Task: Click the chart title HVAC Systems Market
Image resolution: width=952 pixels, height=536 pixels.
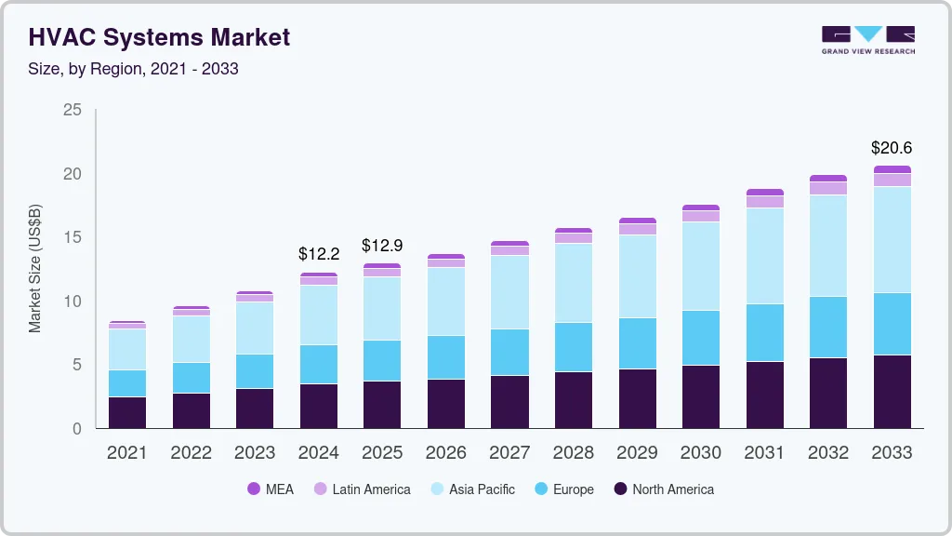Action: click(159, 37)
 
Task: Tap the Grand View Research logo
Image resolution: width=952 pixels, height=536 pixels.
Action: click(867, 40)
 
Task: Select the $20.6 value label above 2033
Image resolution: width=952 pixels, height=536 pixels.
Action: click(892, 147)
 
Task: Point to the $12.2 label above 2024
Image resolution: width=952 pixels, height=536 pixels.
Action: click(319, 253)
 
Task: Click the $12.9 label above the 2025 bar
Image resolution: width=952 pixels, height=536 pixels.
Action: click(383, 245)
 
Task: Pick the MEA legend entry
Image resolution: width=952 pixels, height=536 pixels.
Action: click(271, 489)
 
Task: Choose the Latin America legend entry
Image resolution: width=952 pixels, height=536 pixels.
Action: click(362, 489)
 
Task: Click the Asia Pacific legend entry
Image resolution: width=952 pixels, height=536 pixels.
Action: click(472, 489)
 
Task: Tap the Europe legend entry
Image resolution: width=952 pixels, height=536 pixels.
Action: click(563, 489)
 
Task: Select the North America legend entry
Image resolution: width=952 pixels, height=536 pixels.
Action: click(664, 489)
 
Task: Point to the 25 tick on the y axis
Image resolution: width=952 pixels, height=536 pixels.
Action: click(73, 111)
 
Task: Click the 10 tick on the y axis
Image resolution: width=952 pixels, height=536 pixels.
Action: click(73, 301)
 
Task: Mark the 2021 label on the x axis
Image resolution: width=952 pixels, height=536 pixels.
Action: click(126, 452)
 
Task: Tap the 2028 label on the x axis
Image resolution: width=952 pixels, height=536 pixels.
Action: click(574, 452)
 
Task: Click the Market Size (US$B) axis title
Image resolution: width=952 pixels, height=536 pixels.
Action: click(35, 269)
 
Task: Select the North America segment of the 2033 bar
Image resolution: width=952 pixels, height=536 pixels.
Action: click(892, 391)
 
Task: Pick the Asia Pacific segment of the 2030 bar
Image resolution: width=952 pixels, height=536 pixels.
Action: click(701, 266)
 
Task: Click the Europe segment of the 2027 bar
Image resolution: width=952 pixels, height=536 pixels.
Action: click(509, 352)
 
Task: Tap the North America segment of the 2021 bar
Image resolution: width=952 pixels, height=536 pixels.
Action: click(126, 412)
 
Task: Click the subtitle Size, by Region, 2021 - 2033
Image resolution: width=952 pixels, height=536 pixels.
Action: click(134, 69)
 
